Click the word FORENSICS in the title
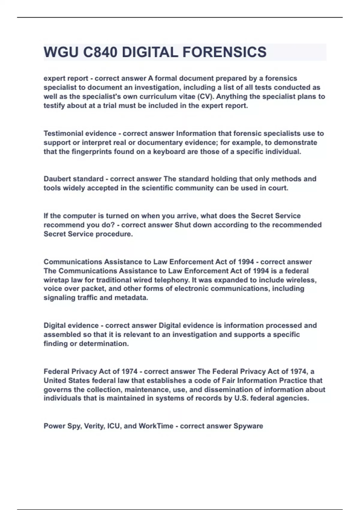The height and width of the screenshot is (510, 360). click(224, 52)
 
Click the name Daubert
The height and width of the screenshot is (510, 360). click(57, 179)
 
